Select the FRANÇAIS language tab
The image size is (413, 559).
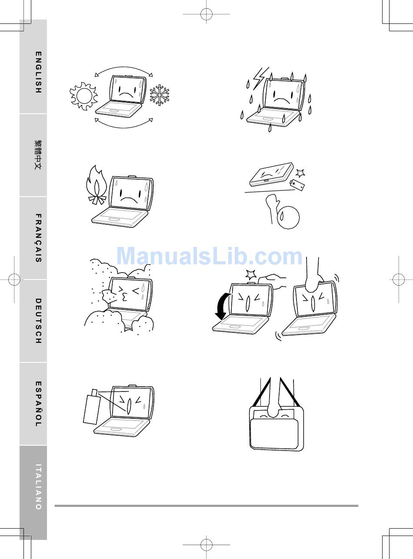[33, 238]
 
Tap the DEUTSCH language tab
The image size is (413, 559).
[33, 321]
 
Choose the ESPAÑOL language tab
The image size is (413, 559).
[33, 404]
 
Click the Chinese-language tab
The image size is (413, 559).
[33, 155]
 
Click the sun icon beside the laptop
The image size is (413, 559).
[83, 96]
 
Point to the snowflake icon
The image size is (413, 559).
[159, 95]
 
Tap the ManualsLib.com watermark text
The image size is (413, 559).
[210, 256]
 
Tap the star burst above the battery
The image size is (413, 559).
[300, 173]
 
